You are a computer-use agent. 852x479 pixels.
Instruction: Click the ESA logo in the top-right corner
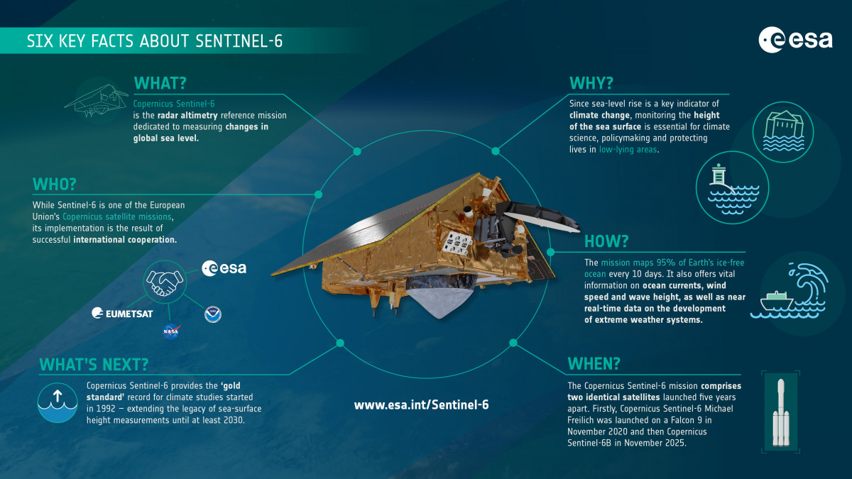tap(794, 40)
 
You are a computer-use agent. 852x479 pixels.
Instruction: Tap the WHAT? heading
tap(161, 82)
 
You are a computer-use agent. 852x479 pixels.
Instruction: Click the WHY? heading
tap(591, 82)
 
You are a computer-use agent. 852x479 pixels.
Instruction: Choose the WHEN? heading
tap(594, 364)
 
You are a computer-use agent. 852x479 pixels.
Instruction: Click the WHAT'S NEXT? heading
tap(94, 364)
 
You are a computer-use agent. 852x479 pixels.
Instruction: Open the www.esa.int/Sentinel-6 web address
tap(421, 404)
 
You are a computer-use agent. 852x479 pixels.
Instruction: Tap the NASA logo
tap(170, 331)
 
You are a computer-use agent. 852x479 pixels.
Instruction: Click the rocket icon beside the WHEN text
tap(780, 412)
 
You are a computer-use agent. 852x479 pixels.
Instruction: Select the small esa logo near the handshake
tap(224, 268)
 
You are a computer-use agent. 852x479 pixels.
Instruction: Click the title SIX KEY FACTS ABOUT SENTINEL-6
tap(155, 41)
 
